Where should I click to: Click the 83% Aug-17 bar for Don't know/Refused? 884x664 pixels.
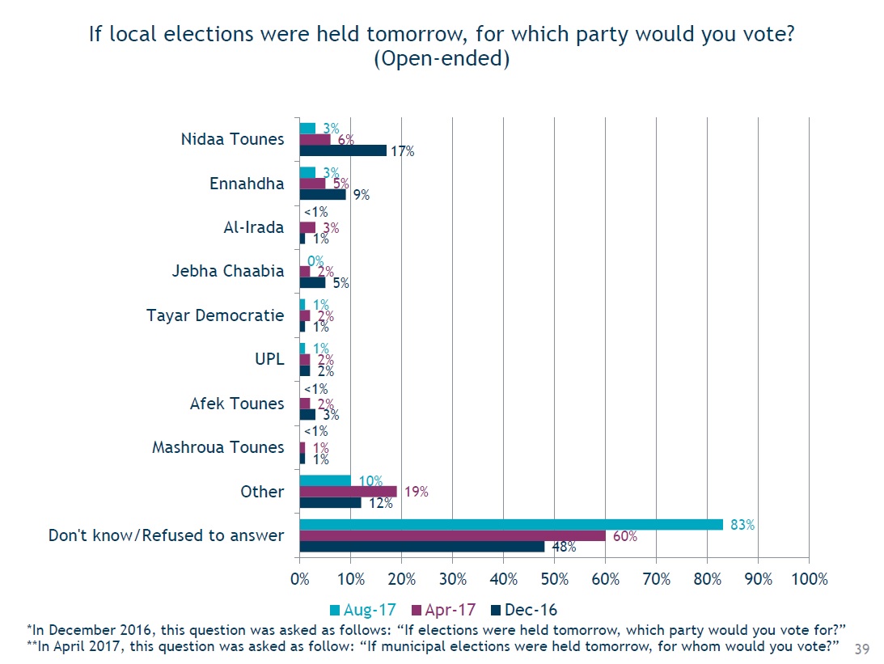click(x=511, y=524)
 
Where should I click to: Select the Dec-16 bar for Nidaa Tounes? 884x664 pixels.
click(x=343, y=150)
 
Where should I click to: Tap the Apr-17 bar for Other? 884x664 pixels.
click(x=349, y=491)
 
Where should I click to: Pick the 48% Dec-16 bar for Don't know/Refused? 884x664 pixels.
click(x=422, y=546)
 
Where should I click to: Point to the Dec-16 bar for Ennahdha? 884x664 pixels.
click(x=323, y=194)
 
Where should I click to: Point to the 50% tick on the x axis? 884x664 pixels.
click(x=554, y=579)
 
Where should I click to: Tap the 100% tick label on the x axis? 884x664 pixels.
click(x=810, y=579)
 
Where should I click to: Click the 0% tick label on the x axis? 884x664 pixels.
click(x=300, y=579)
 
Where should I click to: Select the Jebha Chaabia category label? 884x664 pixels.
click(x=228, y=271)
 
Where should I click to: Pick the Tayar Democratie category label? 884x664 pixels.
click(x=215, y=315)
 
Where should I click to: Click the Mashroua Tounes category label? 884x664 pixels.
click(x=218, y=447)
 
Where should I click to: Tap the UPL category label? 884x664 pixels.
click(x=269, y=359)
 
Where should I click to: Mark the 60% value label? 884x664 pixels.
click(x=626, y=535)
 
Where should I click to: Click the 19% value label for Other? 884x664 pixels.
click(x=416, y=492)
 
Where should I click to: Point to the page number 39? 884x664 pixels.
click(x=862, y=649)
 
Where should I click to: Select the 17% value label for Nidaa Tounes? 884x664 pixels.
click(x=401, y=151)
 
